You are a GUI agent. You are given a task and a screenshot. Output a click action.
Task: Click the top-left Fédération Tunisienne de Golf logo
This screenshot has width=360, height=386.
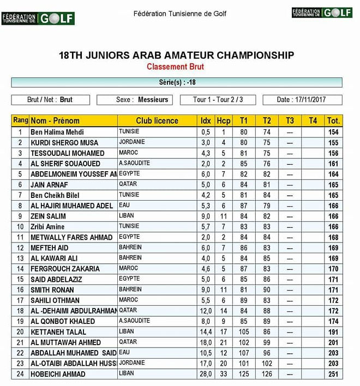[38, 18]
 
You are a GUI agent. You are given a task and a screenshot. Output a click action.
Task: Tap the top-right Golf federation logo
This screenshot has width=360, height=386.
[322, 13]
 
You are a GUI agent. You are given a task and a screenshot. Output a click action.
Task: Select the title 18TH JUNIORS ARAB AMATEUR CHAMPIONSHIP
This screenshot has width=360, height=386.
[176, 55]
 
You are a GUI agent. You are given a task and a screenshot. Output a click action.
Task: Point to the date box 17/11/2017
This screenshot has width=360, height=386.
[302, 100]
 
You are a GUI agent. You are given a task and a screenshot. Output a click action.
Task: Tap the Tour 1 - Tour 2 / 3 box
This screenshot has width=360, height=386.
[218, 100]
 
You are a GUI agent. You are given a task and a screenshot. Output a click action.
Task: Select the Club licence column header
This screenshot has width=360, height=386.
[157, 120]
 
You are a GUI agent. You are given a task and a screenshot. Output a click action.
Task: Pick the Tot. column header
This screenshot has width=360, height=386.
[333, 120]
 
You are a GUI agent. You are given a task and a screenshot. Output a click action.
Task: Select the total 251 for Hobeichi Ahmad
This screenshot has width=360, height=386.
[333, 374]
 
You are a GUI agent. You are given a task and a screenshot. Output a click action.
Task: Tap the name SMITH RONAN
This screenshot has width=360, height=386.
[53, 289]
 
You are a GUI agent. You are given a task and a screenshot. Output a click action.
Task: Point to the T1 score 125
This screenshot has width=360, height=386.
[244, 374]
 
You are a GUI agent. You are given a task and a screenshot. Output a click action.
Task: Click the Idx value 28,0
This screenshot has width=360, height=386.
[206, 374]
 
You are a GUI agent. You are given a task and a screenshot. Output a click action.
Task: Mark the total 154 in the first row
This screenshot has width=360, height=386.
[333, 132]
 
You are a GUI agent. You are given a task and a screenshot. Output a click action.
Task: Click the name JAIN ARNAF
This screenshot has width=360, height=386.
[50, 184]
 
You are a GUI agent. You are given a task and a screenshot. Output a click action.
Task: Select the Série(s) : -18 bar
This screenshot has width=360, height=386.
[177, 82]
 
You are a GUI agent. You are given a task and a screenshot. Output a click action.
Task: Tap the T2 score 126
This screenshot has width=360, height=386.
[267, 374]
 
